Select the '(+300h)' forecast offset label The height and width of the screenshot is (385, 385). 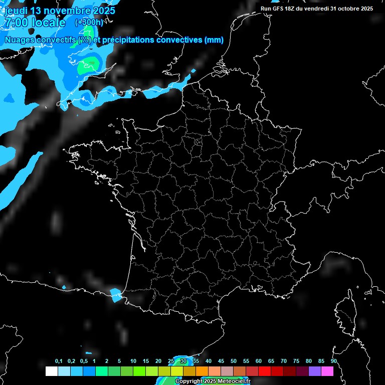coord(89,23)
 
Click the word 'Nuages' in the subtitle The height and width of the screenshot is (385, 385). coord(20,40)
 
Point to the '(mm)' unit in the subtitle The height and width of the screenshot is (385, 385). coord(214,40)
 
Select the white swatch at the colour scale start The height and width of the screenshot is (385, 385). coord(51,371)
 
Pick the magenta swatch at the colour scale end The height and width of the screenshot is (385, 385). coord(327,371)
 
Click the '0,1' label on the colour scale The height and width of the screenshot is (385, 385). coord(59,361)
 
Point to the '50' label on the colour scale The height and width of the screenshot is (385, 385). coord(234,361)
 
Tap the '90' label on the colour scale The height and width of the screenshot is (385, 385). coord(333,361)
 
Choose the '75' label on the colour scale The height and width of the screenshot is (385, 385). coord(296,361)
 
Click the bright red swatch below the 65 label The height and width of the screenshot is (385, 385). coord(265,371)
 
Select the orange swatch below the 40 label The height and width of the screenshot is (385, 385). coord(202,371)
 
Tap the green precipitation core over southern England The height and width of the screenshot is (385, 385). coord(89,64)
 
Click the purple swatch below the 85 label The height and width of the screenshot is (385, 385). coord(315,371)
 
